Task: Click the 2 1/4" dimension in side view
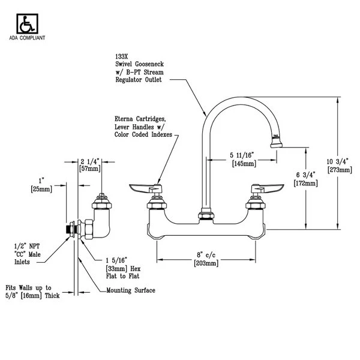(91, 161)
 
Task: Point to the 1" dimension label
(40, 181)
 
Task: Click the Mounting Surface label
(130, 290)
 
